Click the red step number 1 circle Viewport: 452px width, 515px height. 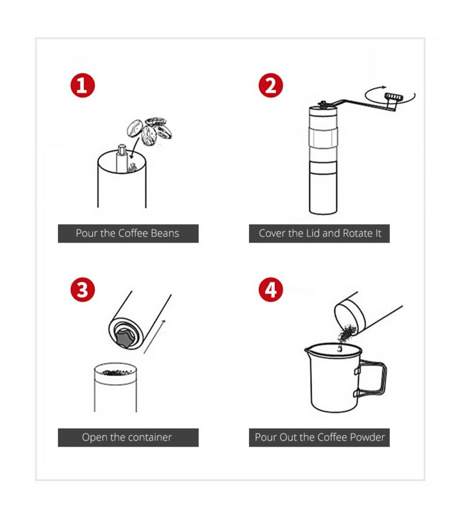click(x=82, y=85)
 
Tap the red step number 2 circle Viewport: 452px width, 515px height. click(x=271, y=85)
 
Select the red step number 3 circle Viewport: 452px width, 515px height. click(x=82, y=290)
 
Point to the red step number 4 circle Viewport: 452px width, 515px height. click(x=271, y=290)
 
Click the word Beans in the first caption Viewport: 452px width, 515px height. click(x=164, y=233)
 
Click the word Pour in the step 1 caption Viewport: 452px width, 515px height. click(x=86, y=233)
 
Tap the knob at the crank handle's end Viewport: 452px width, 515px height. click(x=394, y=97)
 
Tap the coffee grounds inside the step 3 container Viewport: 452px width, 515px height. click(x=116, y=372)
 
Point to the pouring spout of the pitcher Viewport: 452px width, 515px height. click(x=308, y=351)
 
